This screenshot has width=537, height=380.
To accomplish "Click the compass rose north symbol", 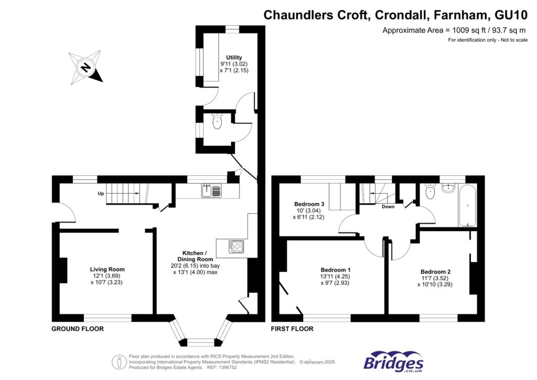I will pos(85,67).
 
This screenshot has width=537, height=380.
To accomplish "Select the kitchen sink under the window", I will pos(212,191).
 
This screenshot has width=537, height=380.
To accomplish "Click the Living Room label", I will pos(107,269).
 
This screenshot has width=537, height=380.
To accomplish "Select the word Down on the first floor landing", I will pos(388,207).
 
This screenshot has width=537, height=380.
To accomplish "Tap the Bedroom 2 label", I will pos(435,272).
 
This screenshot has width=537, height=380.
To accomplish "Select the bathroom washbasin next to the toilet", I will pos(448,188).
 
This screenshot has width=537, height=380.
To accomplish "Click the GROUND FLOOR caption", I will pos(77,329).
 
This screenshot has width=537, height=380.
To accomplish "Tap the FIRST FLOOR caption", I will pos(292,329).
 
